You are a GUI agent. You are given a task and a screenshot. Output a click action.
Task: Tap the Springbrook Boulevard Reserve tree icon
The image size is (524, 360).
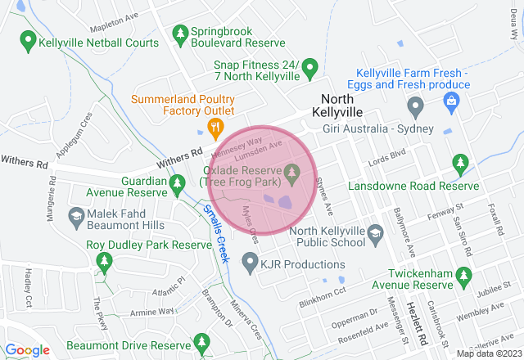tap(180, 33)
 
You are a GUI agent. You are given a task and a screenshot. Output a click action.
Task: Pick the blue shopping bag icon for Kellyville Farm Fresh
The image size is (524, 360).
tap(449, 100)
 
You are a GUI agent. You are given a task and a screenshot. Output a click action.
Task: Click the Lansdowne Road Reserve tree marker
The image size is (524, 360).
tap(460, 164)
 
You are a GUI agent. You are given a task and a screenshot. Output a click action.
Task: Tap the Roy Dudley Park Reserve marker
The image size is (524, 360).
tap(104, 262)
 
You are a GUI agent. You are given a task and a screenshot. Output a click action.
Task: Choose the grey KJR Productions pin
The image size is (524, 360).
tap(251, 263)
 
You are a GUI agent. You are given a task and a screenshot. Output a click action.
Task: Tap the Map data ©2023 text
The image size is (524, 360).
tap(488, 353)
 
